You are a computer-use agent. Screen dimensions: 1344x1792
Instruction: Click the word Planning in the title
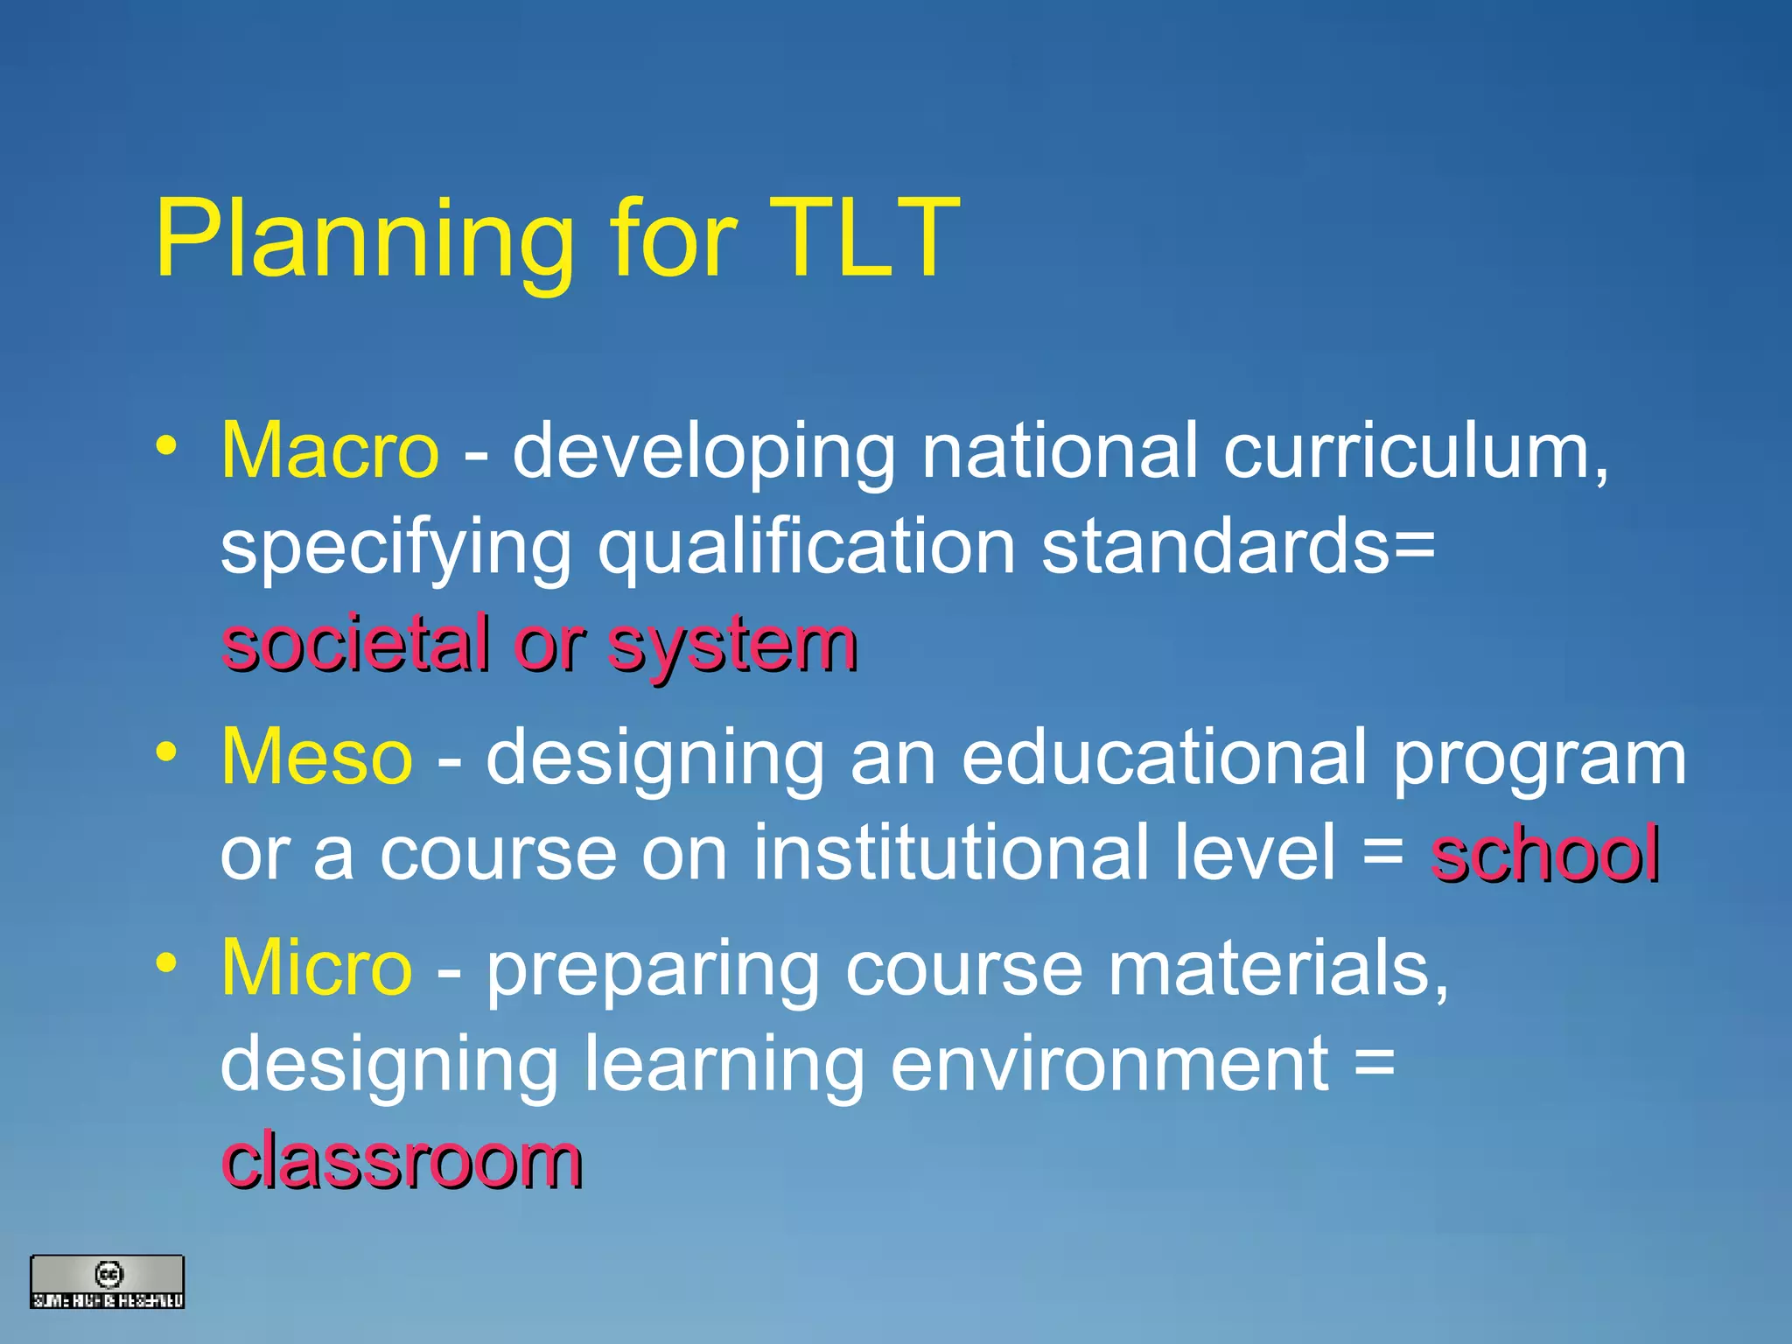(x=363, y=241)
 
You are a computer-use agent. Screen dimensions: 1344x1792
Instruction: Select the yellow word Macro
(x=330, y=451)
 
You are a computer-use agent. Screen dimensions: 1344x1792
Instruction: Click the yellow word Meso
(x=316, y=757)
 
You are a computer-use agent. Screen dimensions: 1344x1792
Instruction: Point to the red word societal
(x=355, y=645)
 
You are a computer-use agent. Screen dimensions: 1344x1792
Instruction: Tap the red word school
(x=1544, y=854)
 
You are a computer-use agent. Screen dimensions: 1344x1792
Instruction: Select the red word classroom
(x=402, y=1161)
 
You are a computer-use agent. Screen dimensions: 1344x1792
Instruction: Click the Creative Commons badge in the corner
(x=108, y=1282)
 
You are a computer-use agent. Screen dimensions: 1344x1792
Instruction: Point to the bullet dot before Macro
(x=166, y=447)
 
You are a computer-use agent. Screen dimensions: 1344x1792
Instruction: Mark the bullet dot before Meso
(x=166, y=752)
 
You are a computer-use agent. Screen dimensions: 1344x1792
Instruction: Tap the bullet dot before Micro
(x=166, y=963)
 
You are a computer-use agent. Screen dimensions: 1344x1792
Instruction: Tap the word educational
(x=1165, y=757)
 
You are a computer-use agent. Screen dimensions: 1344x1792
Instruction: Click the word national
(x=1060, y=451)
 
